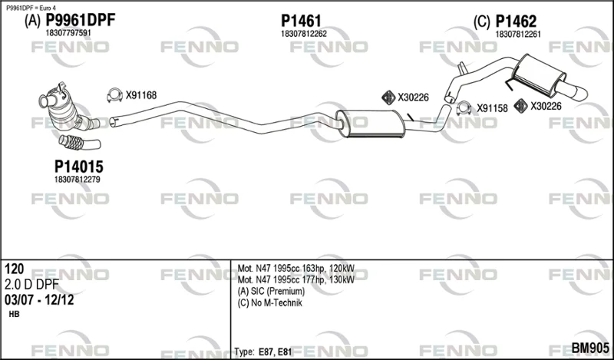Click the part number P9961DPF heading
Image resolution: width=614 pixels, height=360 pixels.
81,20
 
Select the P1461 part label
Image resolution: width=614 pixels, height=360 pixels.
301,21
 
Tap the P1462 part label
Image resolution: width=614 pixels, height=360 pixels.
516,21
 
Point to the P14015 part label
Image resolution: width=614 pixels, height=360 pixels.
79,167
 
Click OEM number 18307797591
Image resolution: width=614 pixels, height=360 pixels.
68,33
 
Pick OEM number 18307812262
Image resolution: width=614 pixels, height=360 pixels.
303,34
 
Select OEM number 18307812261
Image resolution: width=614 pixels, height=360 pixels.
518,35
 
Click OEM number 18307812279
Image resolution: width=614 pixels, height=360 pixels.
78,180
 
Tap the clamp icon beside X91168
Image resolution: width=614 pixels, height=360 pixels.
114,95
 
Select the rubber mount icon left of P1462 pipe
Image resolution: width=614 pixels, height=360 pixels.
388,97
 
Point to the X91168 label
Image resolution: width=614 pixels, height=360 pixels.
141,95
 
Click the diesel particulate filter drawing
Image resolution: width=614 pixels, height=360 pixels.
67,107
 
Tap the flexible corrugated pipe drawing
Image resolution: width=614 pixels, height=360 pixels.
80,143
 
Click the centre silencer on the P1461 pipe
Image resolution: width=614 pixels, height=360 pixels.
370,124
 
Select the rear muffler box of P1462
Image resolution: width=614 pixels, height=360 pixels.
539,74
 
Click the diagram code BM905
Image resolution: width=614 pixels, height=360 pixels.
590,348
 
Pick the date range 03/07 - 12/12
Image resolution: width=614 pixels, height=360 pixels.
39,300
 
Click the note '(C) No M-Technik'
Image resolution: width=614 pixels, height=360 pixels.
270,302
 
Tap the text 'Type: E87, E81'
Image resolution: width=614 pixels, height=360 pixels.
263,352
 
